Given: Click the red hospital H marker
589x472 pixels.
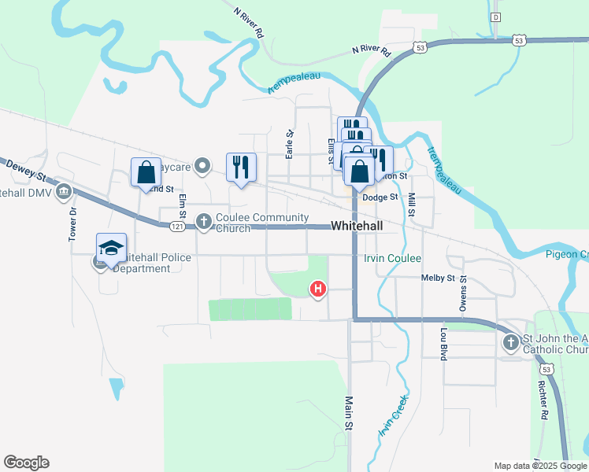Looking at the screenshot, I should tap(318, 289).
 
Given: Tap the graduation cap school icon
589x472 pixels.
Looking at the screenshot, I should tap(111, 249).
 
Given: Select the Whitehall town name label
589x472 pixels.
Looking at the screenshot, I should tap(357, 226).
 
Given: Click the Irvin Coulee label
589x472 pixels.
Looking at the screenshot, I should tap(393, 259).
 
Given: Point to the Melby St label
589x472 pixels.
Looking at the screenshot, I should tap(439, 278).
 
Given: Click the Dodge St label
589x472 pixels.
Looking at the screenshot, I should tap(381, 197).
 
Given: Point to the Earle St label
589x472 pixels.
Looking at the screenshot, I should tap(290, 144).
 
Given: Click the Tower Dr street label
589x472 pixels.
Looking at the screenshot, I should tap(72, 224).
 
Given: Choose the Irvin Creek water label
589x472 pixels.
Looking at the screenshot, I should tap(392, 421).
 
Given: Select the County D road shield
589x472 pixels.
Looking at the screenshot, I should tap(495, 17).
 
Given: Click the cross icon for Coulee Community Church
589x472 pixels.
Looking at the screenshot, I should tap(204, 221).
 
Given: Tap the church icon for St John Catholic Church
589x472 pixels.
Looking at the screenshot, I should tap(510, 342).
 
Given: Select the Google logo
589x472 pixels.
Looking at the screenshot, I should tap(26, 463).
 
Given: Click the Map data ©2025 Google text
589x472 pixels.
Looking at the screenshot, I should tap(540, 466).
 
